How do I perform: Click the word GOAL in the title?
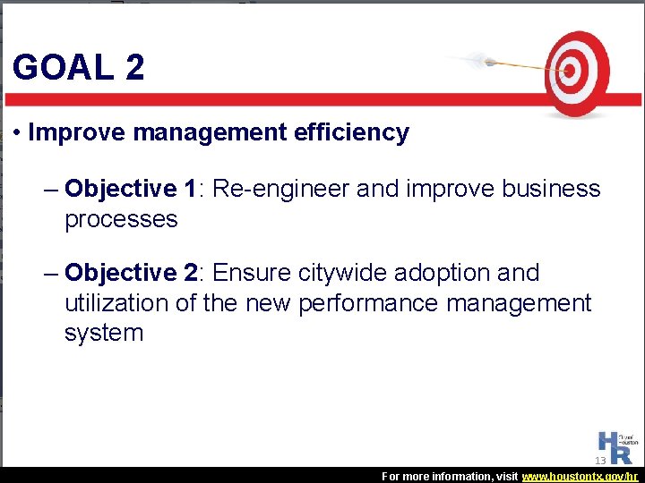63,68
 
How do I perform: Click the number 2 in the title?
134,68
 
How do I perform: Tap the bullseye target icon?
578,72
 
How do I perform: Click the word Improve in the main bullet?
77,133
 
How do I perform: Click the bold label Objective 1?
131,189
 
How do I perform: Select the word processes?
121,220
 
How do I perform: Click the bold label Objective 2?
131,272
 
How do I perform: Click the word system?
103,334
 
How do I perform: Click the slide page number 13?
600,461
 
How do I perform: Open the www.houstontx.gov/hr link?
580,477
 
